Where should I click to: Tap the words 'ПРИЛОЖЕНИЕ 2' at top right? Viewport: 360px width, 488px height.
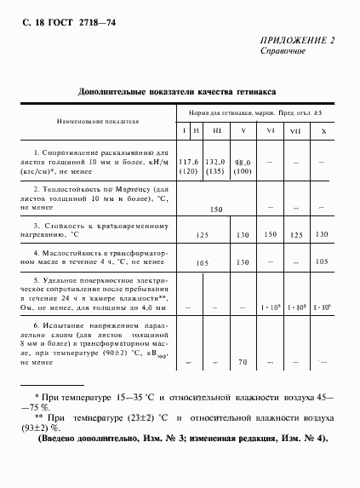pos(296,40)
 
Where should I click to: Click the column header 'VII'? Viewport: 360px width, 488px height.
pos(296,130)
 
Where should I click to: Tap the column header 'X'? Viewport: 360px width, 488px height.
pos(323,130)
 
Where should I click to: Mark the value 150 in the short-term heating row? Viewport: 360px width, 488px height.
pos(271,233)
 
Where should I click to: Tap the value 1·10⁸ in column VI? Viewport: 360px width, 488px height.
pos(271,304)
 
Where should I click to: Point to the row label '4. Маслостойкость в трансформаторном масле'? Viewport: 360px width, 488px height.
pos(100,258)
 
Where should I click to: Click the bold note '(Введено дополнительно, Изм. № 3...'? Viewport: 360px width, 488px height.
pos(182,438)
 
